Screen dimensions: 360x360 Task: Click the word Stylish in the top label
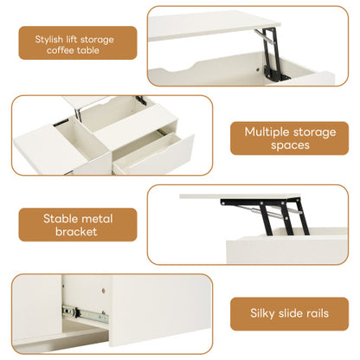49,39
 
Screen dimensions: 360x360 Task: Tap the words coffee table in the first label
78,50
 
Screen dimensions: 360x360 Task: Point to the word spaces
288,145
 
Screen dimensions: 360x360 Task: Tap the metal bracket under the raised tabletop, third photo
260,216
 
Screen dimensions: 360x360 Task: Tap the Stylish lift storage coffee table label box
78,43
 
